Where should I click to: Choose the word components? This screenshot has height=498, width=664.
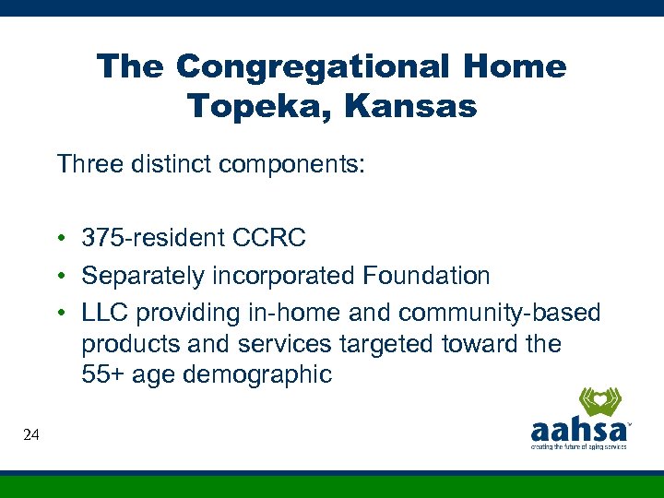294,166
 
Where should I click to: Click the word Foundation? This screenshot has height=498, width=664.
427,276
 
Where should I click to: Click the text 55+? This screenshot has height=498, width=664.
101,374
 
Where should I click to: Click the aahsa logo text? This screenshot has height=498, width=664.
578,431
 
